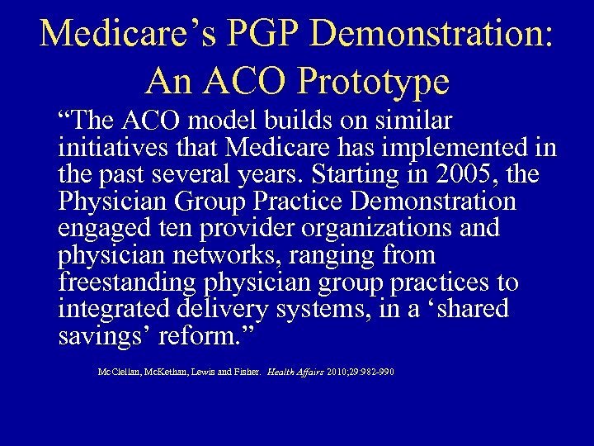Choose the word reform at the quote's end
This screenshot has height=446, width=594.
pyautogui.click(x=196, y=337)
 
